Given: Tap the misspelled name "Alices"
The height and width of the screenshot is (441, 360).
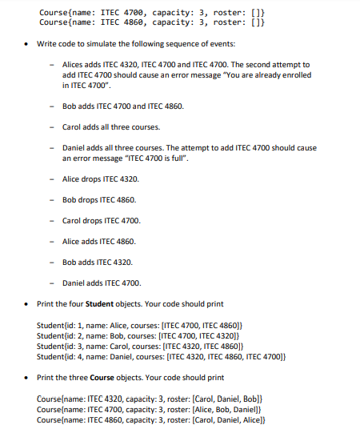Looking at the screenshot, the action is pyautogui.click(x=74, y=64).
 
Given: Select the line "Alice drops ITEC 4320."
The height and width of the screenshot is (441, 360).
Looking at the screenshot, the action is pyautogui.click(x=100, y=178).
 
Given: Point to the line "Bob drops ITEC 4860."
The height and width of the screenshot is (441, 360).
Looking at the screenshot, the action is pyautogui.click(x=99, y=199).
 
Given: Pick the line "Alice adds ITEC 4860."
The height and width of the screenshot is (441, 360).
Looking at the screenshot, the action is pyautogui.click(x=99, y=241).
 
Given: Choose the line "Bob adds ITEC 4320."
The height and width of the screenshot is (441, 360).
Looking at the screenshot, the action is pyautogui.click(x=98, y=262).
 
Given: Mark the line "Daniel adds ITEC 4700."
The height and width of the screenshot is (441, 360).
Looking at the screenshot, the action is pyautogui.click(x=102, y=283).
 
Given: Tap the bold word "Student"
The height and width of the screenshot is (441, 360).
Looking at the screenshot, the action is pyautogui.click(x=100, y=304).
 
